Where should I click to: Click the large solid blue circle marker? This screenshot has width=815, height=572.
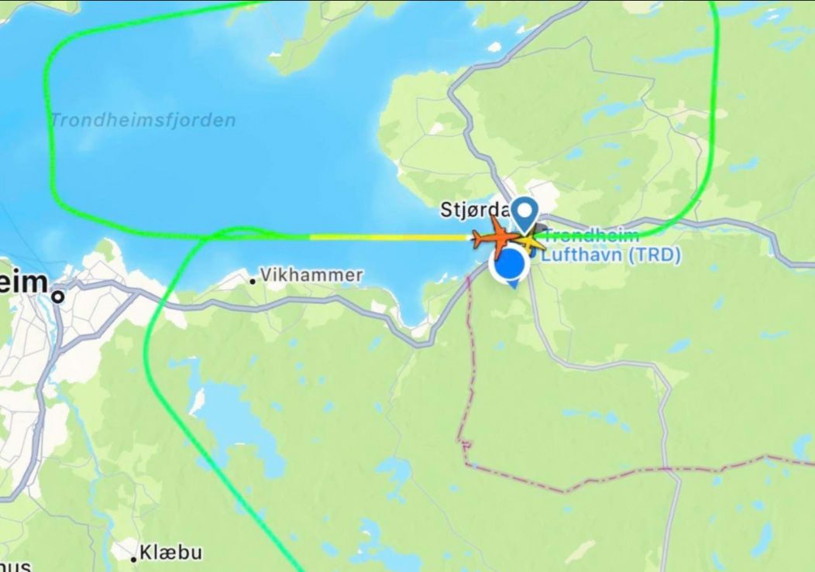510,265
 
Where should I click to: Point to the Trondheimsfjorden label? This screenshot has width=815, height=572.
143,120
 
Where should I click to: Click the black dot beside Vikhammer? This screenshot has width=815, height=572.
253,281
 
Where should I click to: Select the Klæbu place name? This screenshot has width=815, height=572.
170,553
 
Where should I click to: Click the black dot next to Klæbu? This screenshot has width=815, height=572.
134,557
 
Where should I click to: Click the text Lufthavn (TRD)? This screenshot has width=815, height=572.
610,255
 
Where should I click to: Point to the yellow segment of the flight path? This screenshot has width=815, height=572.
387,237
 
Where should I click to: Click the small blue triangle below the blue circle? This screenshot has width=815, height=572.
512,285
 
